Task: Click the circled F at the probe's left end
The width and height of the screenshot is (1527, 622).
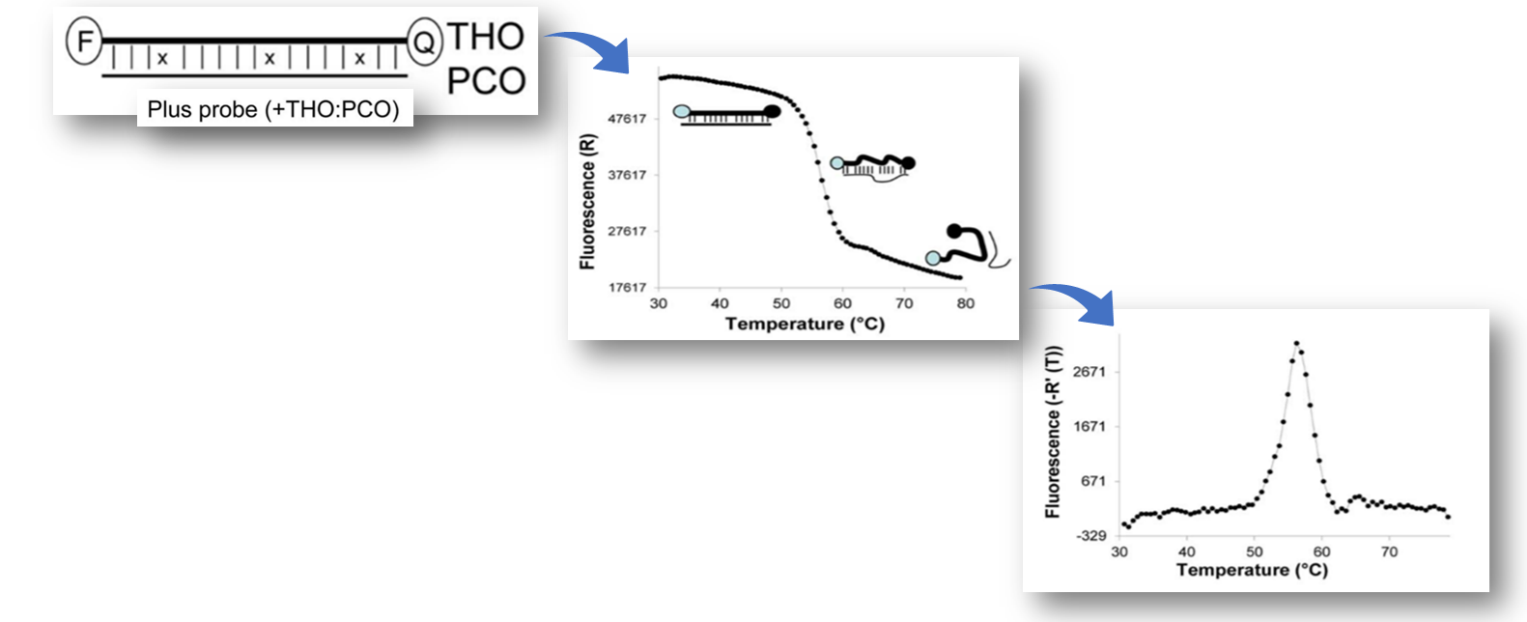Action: [84, 42]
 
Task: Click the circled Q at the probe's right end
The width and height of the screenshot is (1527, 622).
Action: [424, 42]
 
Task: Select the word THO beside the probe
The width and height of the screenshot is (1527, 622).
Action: [486, 37]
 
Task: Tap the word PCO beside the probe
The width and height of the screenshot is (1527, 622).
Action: [486, 81]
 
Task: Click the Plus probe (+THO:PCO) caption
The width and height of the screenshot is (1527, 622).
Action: [273, 109]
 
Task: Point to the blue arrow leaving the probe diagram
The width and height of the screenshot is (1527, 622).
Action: [589, 50]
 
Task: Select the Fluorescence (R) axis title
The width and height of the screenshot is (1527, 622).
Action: [587, 201]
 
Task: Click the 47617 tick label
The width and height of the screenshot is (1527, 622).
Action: [627, 119]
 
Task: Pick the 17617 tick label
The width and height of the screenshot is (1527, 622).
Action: [627, 287]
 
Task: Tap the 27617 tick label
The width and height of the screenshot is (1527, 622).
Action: [627, 231]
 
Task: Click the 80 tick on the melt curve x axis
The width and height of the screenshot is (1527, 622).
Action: [965, 303]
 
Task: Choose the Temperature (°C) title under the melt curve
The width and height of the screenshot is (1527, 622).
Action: [805, 324]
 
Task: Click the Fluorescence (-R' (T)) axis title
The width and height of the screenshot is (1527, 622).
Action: [1053, 431]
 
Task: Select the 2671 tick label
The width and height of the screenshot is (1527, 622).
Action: [1089, 372]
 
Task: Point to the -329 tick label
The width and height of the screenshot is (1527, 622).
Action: [1090, 535]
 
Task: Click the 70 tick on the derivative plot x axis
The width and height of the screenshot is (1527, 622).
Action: [1389, 551]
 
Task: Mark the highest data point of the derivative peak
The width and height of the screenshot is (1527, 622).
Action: [1295, 343]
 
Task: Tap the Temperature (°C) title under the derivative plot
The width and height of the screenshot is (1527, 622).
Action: [1252, 570]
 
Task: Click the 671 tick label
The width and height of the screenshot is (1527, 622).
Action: [1093, 481]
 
